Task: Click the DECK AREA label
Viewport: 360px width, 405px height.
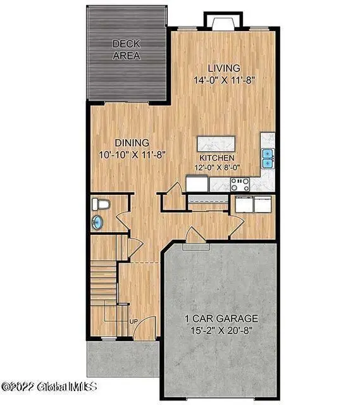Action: [126, 49]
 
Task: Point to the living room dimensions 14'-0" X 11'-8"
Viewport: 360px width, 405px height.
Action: [225, 80]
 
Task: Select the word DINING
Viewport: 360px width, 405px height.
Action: [132, 142]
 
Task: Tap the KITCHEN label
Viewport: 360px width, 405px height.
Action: [217, 158]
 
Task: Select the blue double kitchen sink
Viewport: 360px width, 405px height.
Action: [268, 158]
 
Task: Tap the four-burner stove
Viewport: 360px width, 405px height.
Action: [240, 184]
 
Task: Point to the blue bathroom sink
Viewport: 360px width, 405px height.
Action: [98, 222]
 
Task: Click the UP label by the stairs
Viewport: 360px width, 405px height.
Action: [133, 321]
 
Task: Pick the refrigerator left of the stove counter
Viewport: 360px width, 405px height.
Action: [197, 184]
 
